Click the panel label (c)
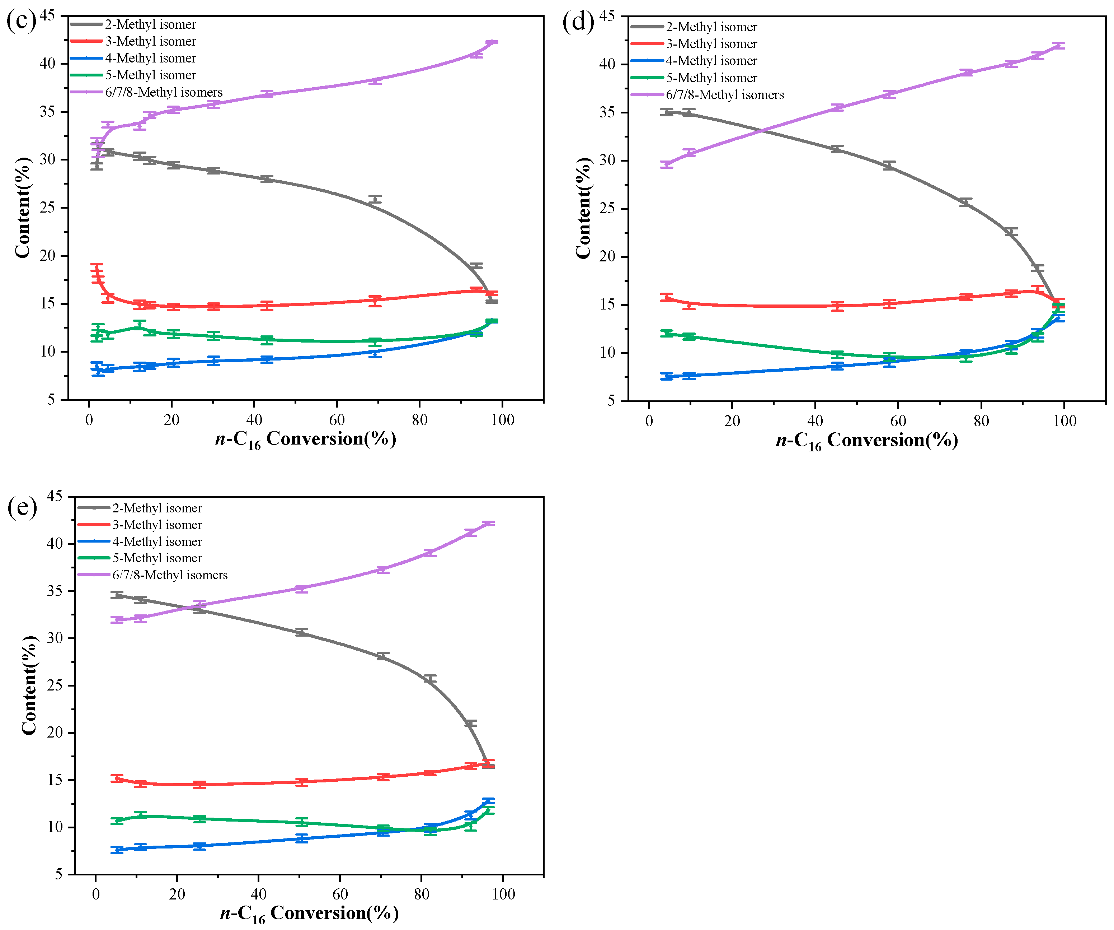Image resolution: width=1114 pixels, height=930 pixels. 21,21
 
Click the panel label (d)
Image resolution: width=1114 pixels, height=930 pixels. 578,22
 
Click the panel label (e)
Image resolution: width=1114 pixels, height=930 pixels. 22,507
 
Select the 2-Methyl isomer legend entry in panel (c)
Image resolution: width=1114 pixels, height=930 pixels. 150,24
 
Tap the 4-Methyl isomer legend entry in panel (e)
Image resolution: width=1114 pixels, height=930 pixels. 157,541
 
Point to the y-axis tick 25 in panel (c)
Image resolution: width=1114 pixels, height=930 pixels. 48,208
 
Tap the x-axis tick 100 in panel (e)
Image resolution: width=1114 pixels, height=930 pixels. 503,894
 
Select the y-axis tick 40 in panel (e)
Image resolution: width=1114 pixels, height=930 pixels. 55,544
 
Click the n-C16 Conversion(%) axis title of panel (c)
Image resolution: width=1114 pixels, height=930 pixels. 306,440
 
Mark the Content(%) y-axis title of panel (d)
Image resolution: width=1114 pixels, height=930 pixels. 583,208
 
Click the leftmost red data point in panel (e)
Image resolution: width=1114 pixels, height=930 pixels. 117,779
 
